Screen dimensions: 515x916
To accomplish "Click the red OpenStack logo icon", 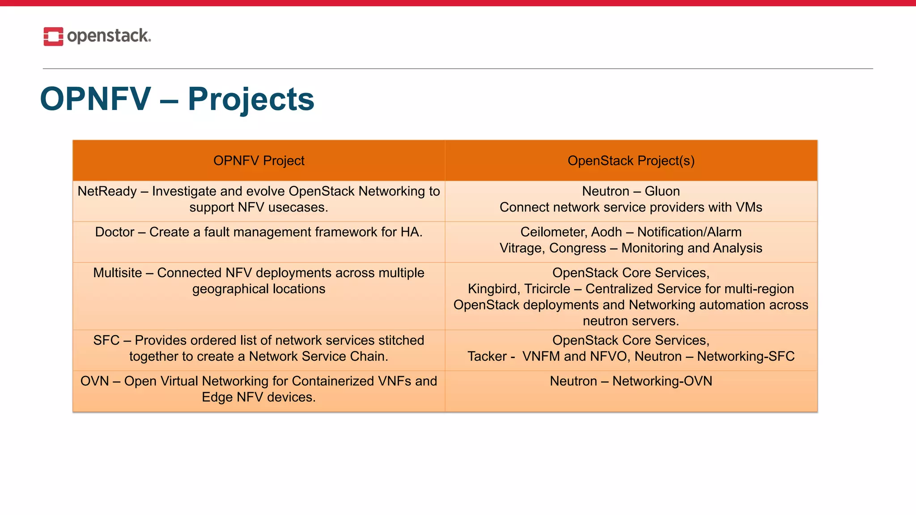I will (x=53, y=36).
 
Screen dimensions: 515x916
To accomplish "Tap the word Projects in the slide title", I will (x=251, y=99).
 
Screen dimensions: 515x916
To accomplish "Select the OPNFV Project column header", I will (x=259, y=160).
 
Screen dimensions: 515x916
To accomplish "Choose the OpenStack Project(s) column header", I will (x=631, y=160).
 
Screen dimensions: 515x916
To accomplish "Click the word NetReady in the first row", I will (x=107, y=191).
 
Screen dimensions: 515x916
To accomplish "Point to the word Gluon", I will (x=662, y=191).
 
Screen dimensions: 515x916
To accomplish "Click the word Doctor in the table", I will (x=114, y=232).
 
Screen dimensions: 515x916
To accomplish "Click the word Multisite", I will (x=117, y=273).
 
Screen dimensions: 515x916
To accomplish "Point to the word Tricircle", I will (x=547, y=289).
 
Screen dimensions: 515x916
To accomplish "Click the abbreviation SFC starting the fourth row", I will (x=106, y=340).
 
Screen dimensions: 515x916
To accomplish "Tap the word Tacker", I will (x=487, y=356).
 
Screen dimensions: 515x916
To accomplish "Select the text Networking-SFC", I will (x=746, y=356).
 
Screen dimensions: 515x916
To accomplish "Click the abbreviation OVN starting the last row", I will (x=94, y=381).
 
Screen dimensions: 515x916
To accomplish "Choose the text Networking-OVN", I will (x=662, y=381).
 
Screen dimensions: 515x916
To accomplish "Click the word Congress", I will (x=577, y=248).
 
